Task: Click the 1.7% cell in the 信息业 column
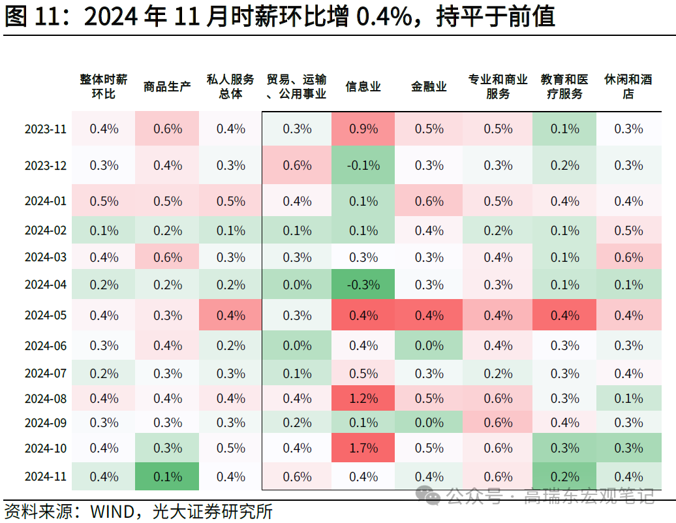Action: [x=363, y=448]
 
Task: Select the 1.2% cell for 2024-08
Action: [x=363, y=398]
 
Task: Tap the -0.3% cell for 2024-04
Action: [x=363, y=285]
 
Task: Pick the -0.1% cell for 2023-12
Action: [x=363, y=165]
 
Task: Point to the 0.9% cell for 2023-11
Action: [x=363, y=129]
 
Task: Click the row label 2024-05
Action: [x=46, y=315]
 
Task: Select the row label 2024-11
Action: [x=46, y=477]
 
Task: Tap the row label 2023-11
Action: [x=46, y=129]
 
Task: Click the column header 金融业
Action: [x=429, y=87]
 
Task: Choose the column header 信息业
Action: [x=363, y=87]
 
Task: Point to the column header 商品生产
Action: [x=167, y=87]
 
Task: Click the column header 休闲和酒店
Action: [x=628, y=87]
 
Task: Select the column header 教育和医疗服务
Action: [x=564, y=87]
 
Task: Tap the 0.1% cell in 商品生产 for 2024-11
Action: [x=167, y=477]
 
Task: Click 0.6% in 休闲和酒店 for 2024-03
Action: [x=628, y=257]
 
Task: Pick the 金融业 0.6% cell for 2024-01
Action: [x=429, y=201]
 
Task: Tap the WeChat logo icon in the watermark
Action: [x=431, y=497]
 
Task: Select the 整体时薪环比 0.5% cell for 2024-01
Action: [x=104, y=201]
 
